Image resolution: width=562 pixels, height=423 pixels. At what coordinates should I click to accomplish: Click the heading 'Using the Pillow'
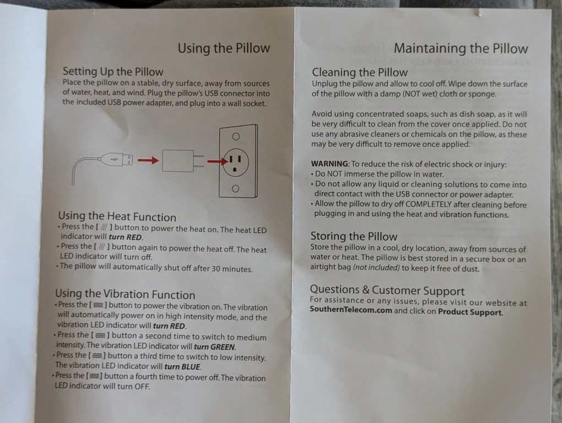pos(224,48)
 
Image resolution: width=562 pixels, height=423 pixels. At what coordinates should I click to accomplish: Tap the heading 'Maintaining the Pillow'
pos(461,48)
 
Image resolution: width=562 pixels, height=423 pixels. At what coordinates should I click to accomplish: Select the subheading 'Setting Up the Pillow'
pos(113,72)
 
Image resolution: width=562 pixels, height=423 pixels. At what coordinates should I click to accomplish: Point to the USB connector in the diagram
pos(117,159)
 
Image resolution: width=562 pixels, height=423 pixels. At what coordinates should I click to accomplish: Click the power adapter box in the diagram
pos(178,161)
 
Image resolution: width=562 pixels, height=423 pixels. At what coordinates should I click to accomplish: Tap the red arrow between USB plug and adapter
pos(148,160)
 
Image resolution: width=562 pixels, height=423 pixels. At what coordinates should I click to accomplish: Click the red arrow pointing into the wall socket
pos(218,161)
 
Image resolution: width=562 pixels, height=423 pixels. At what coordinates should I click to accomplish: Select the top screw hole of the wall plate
pos(236,137)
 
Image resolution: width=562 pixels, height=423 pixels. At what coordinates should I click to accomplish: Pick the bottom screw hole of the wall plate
pos(235,189)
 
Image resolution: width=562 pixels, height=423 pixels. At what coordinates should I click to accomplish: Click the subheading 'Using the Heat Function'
pos(117,216)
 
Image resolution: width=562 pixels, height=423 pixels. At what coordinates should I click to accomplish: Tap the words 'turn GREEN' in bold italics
pos(215,346)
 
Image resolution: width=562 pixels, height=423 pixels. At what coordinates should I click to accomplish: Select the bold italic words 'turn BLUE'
pos(182,367)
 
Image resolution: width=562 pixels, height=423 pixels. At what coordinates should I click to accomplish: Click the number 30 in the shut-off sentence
pos(216,269)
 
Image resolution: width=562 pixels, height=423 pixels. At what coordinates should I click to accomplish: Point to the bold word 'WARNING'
pos(329,164)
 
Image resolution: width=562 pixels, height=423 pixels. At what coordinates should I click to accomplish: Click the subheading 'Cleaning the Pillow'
pos(360,72)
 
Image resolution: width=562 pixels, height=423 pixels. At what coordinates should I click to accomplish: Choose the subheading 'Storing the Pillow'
pos(354,236)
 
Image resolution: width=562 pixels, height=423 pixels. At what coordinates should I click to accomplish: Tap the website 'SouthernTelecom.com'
pos(351,310)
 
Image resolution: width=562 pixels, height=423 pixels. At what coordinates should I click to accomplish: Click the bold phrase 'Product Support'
pos(470,312)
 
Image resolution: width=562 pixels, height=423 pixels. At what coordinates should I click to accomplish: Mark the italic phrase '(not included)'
pos(376,268)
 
